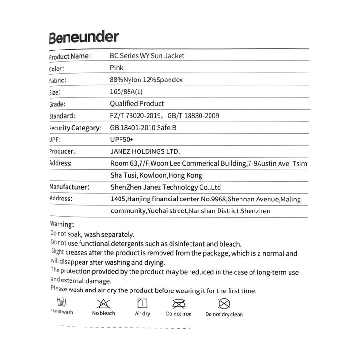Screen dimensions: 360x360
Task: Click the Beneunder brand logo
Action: coord(83,38)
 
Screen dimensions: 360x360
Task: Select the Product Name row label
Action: coord(70,56)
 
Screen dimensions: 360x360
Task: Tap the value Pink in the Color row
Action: coord(117,68)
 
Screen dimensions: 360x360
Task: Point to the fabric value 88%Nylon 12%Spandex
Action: coord(146,80)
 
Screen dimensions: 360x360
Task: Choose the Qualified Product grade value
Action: coord(137,104)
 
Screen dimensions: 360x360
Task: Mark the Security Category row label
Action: coord(75,128)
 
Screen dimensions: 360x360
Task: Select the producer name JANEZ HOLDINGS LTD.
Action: coord(145,152)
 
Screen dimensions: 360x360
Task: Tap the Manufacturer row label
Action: coord(70,187)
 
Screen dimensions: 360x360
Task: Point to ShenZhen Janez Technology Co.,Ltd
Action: coord(165,187)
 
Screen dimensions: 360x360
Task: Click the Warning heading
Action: coord(62,224)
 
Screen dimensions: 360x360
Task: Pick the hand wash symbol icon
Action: coord(62,302)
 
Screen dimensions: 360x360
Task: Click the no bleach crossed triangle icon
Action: coord(103,303)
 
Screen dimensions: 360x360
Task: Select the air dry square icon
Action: coord(142,303)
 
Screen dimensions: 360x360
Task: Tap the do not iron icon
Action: coord(179,303)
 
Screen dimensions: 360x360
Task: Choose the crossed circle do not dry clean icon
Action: coord(224,303)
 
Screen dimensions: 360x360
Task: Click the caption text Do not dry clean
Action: coord(224,314)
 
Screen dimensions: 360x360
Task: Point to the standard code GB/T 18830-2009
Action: coord(192,116)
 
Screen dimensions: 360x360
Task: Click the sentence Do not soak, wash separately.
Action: coord(92,234)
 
